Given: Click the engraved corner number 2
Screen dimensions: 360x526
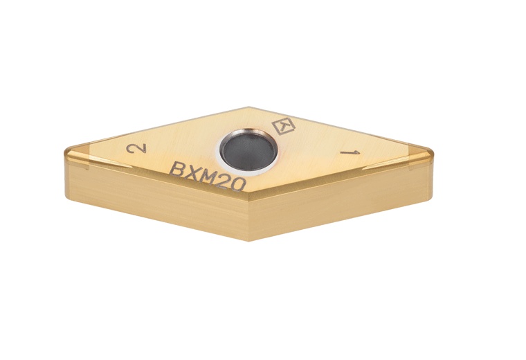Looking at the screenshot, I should pyautogui.click(x=141, y=149).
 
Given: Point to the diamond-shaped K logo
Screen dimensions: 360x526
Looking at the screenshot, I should pyautogui.click(x=282, y=127).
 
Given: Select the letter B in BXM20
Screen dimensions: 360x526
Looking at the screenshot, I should pyautogui.click(x=177, y=169).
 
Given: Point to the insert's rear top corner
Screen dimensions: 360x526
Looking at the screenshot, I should pyautogui.click(x=248, y=107).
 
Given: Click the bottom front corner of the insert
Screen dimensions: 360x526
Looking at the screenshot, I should pyautogui.click(x=249, y=240).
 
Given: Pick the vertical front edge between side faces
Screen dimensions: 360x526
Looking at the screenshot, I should pyautogui.click(x=249, y=218).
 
